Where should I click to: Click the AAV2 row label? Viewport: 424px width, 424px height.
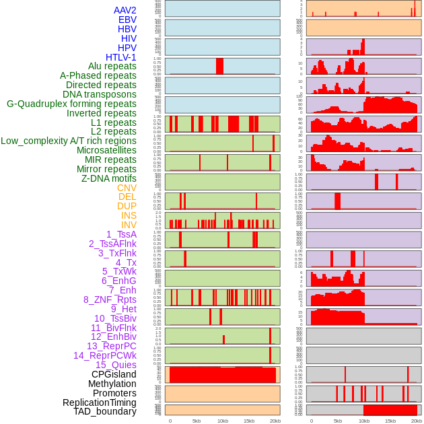click(125, 10)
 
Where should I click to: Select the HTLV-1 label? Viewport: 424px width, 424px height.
click(121, 57)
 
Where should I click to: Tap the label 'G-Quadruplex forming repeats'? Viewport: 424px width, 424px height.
click(71, 104)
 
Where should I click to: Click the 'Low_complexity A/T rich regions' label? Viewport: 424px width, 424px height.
click(69, 141)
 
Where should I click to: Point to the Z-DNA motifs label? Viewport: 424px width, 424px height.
click(109, 178)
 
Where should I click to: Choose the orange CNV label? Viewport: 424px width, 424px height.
click(127, 188)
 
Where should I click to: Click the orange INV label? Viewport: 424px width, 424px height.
click(129, 225)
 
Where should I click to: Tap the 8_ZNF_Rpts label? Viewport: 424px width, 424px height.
click(110, 299)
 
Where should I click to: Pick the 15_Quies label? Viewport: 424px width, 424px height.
click(115, 365)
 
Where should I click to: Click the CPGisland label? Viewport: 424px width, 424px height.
click(114, 374)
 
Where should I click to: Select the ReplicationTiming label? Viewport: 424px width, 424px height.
click(100, 402)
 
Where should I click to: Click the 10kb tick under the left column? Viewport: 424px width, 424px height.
click(223, 421)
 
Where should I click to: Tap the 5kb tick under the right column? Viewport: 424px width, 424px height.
click(337, 421)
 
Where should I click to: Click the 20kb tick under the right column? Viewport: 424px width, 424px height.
click(417, 421)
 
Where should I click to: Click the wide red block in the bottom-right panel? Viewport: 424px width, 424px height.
click(390, 410)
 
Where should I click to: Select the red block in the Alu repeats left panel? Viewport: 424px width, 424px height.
click(219, 66)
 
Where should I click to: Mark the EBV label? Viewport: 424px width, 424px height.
click(127, 20)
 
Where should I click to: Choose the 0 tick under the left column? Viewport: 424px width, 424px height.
click(170, 421)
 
